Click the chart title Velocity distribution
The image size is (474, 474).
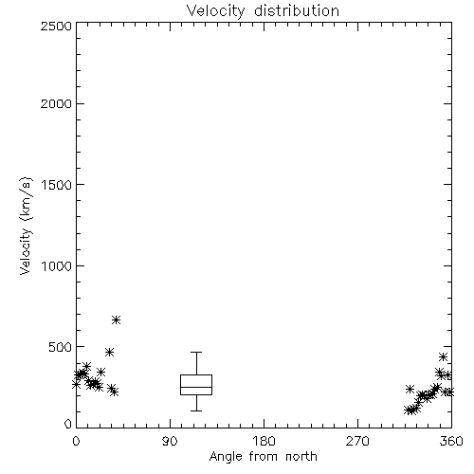click(263, 10)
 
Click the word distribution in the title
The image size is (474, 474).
click(297, 10)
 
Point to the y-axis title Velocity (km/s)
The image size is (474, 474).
click(26, 226)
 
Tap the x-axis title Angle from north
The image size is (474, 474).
click(263, 457)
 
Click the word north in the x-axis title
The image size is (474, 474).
click(301, 457)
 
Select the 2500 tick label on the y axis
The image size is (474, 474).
click(56, 26)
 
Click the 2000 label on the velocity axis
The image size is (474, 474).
click(56, 103)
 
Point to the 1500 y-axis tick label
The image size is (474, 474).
click(57, 185)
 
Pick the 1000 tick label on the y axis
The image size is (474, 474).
click(57, 265)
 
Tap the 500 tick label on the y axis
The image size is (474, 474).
click(61, 347)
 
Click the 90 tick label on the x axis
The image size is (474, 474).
click(170, 441)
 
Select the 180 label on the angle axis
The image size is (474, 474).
click(264, 441)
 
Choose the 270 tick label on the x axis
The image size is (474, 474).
click(357, 441)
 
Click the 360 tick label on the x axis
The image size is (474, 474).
click(451, 441)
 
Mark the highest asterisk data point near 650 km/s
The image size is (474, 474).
click(116, 319)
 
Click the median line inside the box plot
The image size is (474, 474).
click(196, 387)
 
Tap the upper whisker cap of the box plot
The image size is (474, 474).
click(196, 352)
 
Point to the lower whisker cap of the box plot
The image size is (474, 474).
click(196, 410)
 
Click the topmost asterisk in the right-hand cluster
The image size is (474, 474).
click(443, 356)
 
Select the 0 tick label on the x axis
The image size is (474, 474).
click(76, 441)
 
